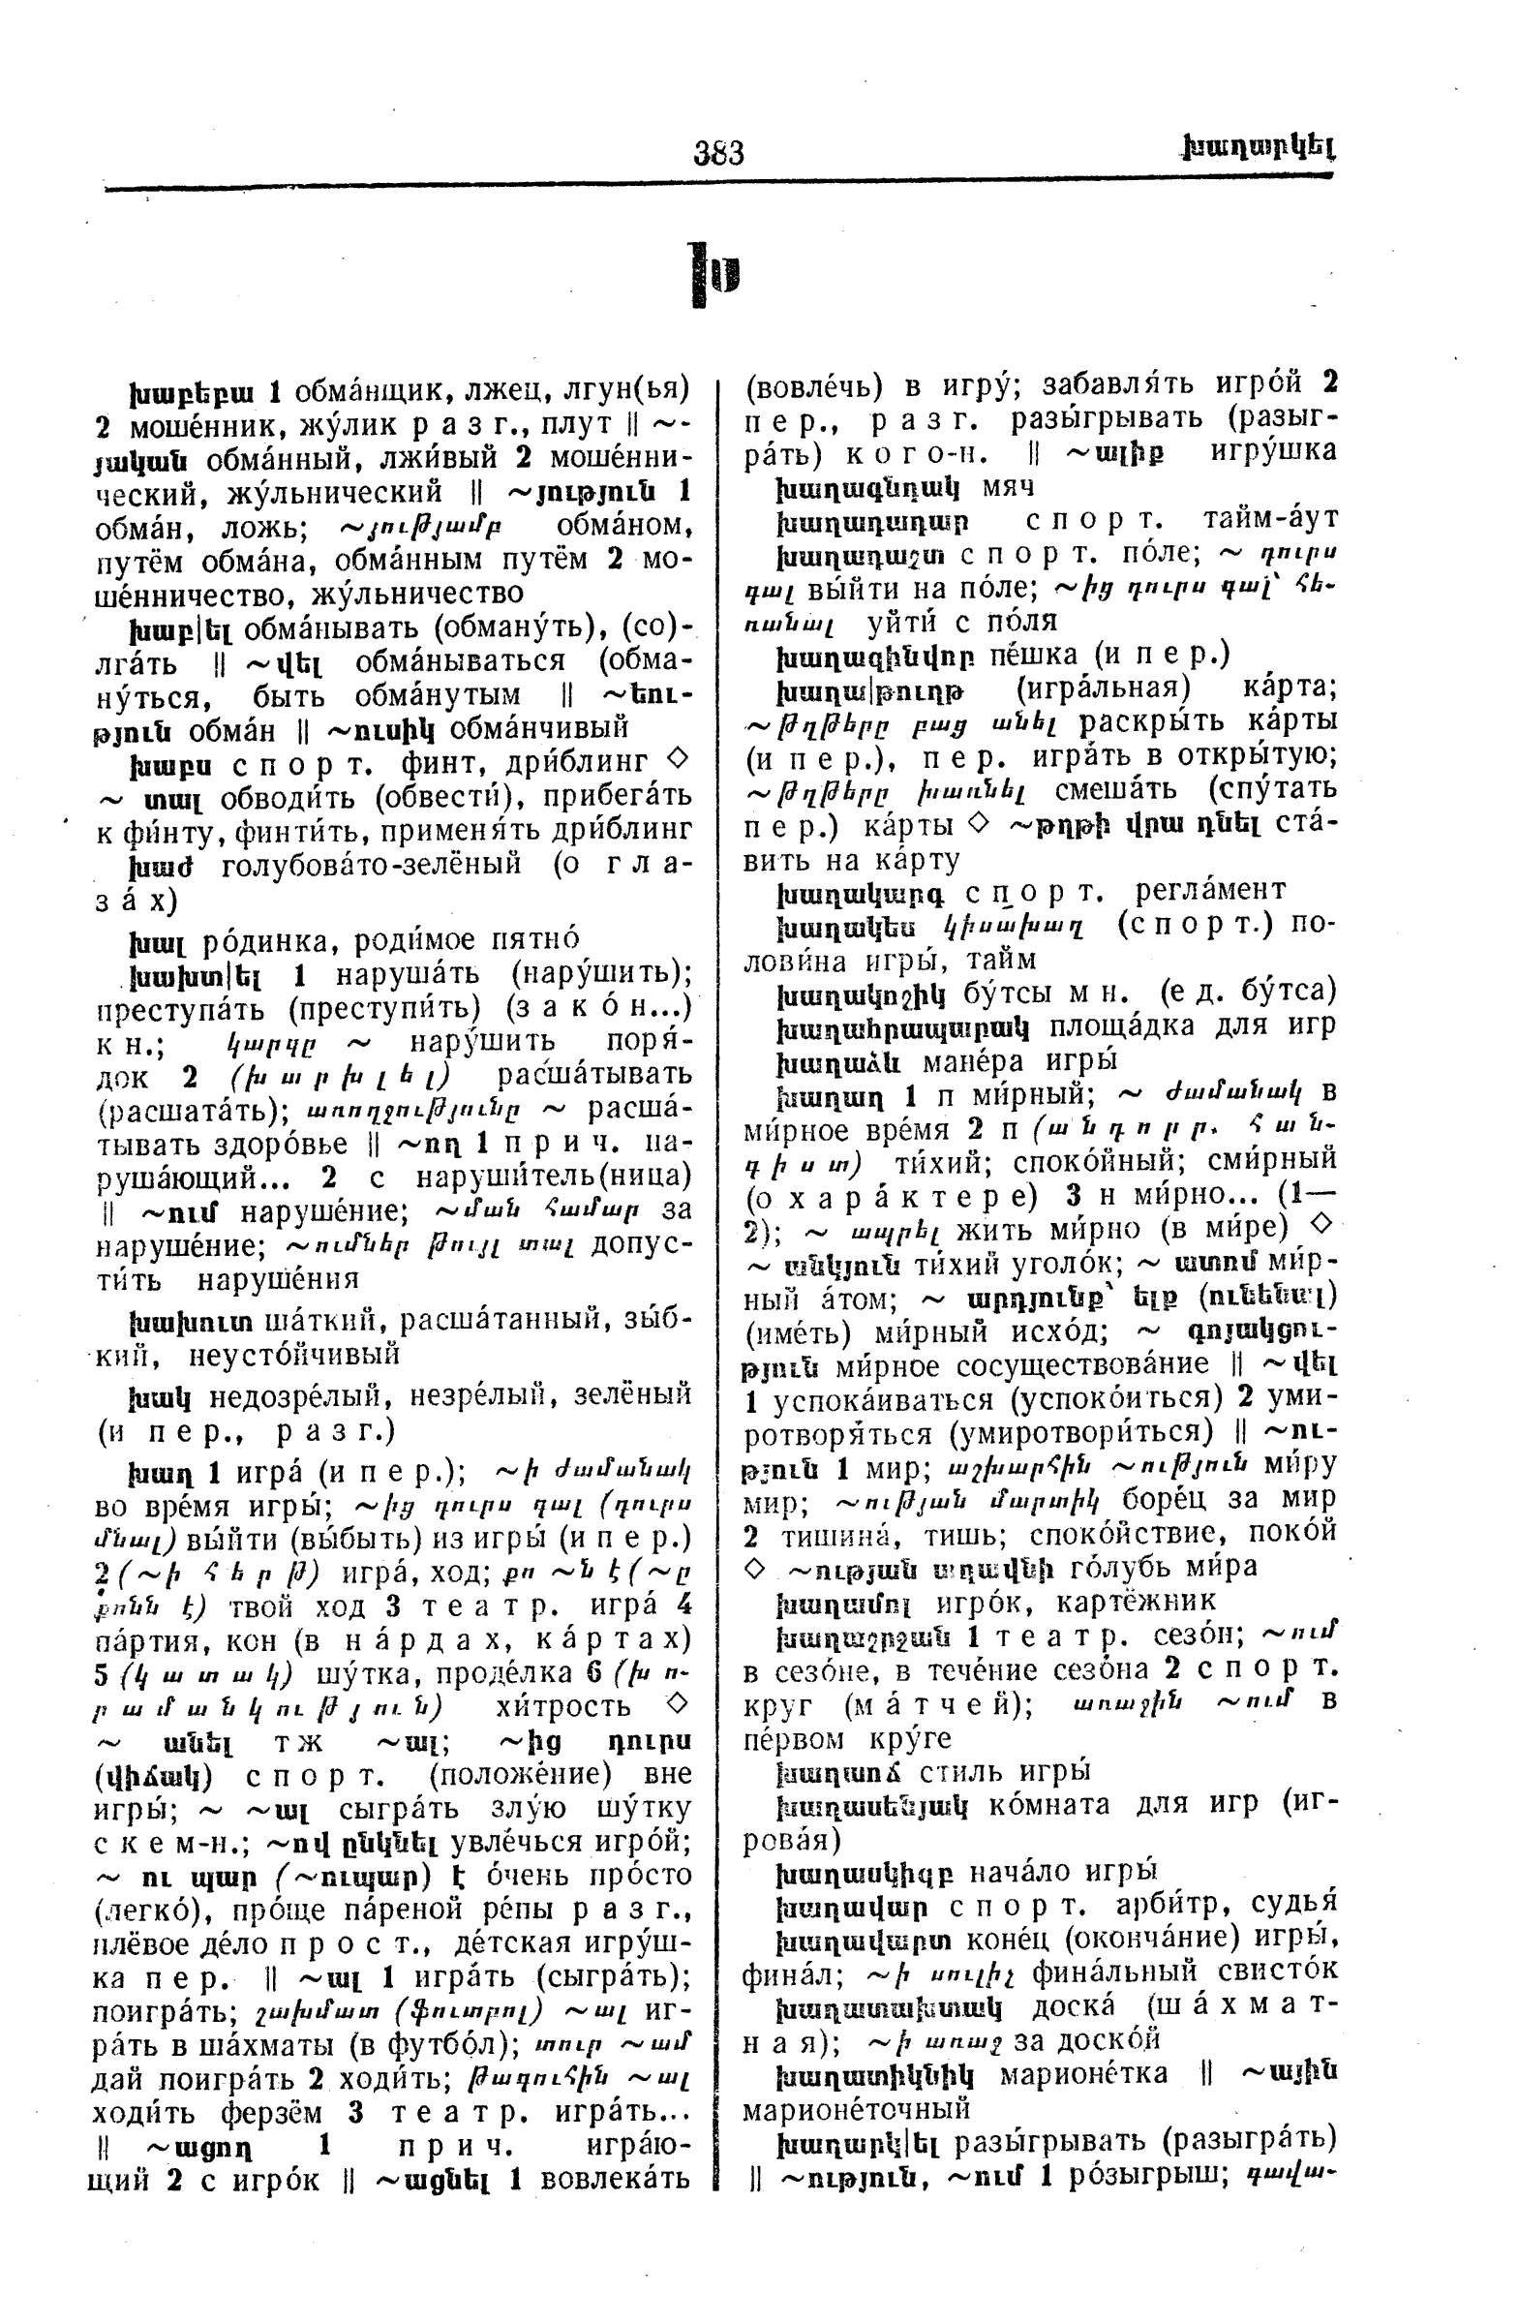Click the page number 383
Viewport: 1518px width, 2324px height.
[x=718, y=153]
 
